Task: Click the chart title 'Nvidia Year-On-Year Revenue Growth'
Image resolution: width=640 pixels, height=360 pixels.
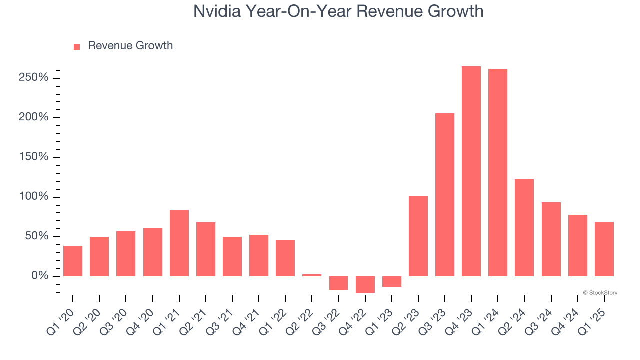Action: coord(338,11)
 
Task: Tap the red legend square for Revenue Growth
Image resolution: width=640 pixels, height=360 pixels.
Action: coord(77,47)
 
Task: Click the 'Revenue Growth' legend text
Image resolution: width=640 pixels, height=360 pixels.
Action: coord(130,46)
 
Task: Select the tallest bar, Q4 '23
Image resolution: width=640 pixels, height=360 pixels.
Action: coord(471,171)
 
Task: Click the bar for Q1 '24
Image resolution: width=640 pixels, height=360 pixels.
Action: coord(497,172)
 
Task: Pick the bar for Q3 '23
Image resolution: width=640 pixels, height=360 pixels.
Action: coord(444,195)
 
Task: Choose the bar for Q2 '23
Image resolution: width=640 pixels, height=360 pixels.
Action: coord(418,236)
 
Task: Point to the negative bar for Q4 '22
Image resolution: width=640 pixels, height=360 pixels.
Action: coord(365,284)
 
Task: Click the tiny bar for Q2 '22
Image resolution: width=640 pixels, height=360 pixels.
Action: coord(312,275)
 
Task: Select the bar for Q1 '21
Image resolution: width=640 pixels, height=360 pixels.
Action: coord(179,243)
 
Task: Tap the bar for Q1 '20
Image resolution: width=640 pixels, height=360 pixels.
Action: coord(73,261)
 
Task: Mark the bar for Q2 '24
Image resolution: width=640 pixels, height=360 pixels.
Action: coord(524,228)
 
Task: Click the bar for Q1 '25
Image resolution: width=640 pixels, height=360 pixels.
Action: coord(604,249)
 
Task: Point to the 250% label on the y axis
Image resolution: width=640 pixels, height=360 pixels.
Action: coord(34,78)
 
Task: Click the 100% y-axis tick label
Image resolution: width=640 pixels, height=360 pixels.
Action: coord(34,197)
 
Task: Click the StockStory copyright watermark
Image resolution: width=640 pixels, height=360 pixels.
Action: coord(600,293)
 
